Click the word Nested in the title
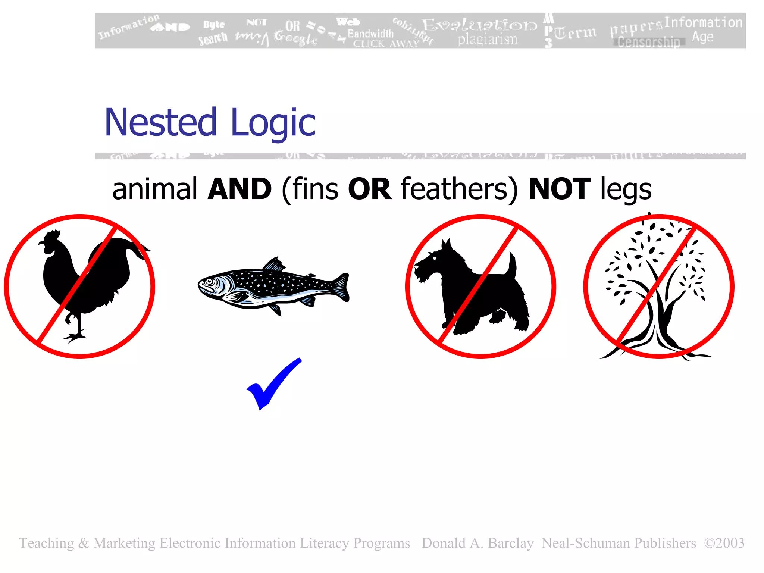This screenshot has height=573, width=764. [160, 122]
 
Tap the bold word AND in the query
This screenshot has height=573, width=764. [239, 189]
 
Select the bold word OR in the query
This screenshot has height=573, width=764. [369, 189]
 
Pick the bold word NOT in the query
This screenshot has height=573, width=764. [560, 189]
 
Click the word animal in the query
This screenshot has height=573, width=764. [154, 189]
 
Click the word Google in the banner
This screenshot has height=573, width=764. [295, 38]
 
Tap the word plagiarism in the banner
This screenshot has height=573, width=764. [487, 39]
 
